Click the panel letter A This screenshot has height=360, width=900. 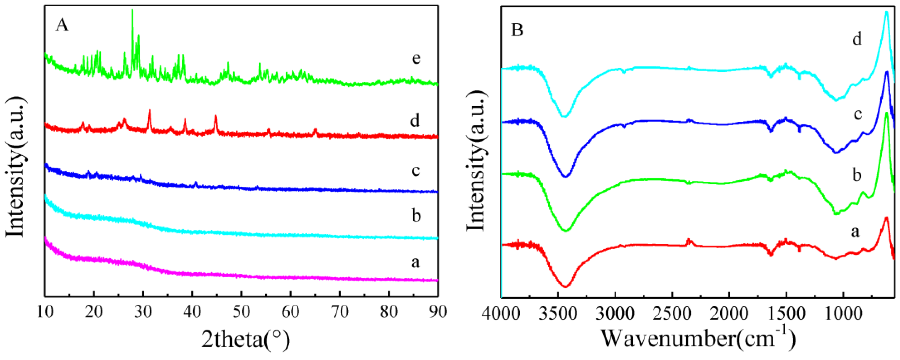click(x=62, y=25)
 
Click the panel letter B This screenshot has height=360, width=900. click(x=517, y=30)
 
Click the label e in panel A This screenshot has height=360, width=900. click(x=416, y=58)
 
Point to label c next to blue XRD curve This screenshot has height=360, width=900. click(x=415, y=170)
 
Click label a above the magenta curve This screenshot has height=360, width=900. click(x=415, y=262)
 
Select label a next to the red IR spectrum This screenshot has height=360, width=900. click(x=855, y=231)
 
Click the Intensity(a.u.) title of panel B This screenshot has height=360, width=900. click(x=476, y=161)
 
